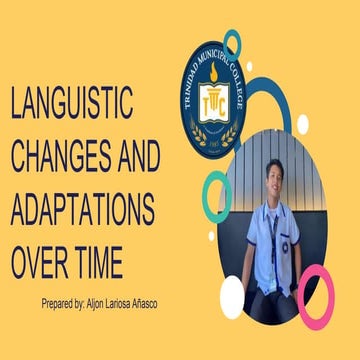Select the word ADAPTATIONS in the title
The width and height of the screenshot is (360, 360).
pos(82,210)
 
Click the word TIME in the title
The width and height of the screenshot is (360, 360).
pos(99,262)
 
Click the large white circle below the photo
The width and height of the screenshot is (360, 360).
pos(232,296)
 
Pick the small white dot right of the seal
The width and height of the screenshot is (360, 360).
pos(302,124)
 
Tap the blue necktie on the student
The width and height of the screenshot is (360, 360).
pos(273,235)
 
